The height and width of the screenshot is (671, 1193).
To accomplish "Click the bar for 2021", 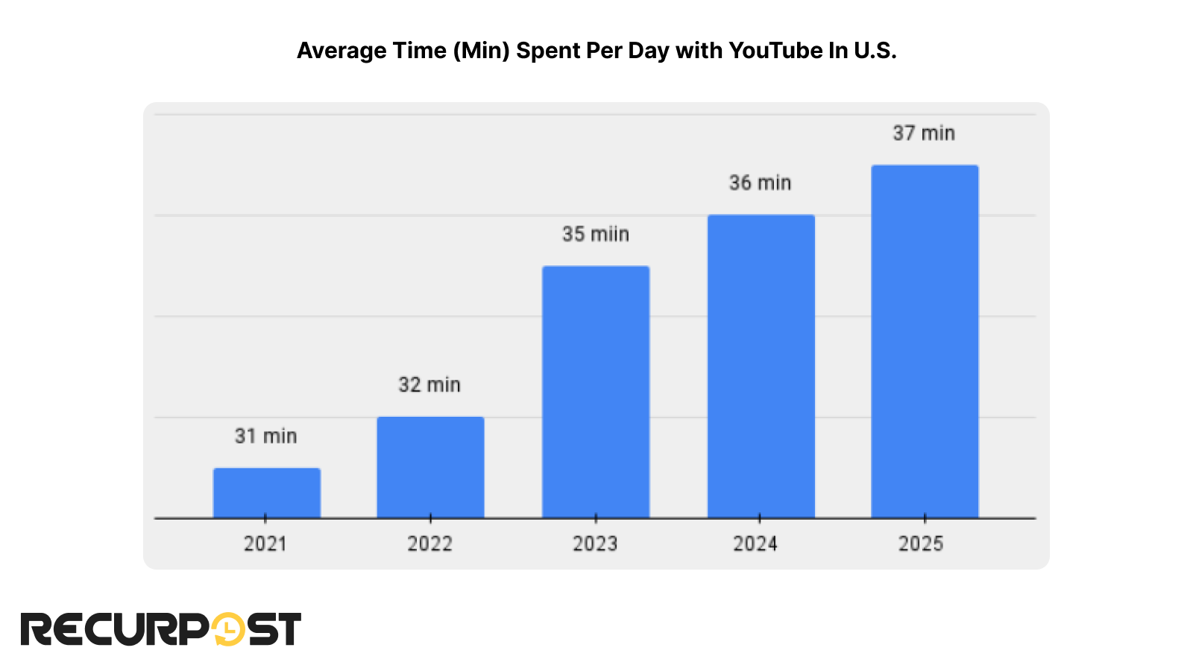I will coord(266,493).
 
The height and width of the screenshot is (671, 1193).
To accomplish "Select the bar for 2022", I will coord(430,467).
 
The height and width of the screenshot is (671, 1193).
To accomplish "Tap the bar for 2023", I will coord(596,391).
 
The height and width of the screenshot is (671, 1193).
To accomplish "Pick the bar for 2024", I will coord(761,366).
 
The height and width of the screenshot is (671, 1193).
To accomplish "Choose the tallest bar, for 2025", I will coord(925,341).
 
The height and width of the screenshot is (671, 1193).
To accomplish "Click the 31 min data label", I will coord(266,436).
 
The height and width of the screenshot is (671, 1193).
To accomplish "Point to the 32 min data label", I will coord(429,385).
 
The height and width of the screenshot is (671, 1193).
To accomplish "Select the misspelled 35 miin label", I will coord(596,234).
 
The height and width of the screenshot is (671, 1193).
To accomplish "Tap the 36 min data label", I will coord(760,183).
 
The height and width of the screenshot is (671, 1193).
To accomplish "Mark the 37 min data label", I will coord(924,133).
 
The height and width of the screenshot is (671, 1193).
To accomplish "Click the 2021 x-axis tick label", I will coord(265,544).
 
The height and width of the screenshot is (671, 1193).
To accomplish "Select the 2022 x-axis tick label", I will coord(429,544).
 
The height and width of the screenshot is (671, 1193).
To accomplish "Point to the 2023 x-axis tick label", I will coord(595,544).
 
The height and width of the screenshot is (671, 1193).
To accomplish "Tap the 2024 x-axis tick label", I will coord(755,544).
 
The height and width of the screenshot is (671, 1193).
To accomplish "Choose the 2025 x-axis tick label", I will coord(921,544).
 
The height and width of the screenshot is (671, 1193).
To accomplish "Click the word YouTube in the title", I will coord(775,51).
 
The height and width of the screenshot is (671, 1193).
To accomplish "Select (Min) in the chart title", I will coord(481,51).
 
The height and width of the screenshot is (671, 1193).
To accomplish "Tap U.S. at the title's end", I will coord(875,51).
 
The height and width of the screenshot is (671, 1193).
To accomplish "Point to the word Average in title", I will coord(331,51).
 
